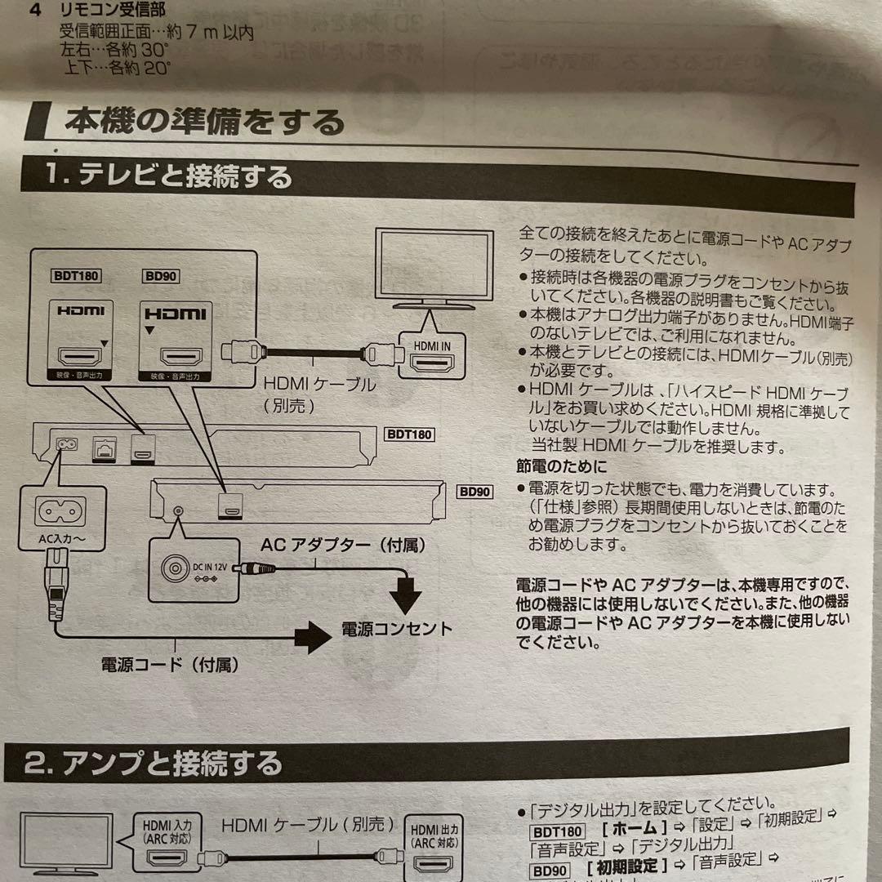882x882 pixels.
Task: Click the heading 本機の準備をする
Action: pos(204,122)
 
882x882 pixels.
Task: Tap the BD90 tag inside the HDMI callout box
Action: pos(159,276)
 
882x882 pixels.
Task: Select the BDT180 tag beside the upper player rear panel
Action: pos(408,434)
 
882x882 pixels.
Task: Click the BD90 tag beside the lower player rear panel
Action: pos(474,492)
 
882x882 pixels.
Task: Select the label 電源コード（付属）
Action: pos(169,665)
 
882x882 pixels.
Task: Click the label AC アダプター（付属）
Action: pos(343,544)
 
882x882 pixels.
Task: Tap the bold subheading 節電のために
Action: pos(561,467)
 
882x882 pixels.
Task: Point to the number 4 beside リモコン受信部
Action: pos(34,11)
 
